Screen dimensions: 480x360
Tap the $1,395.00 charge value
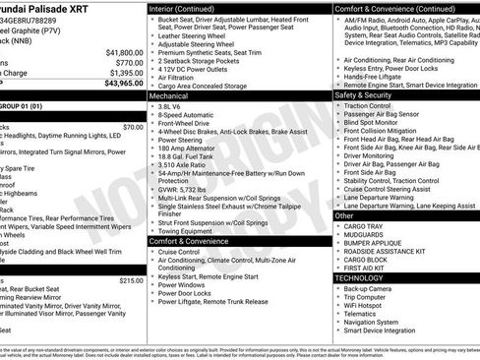pos(124,72)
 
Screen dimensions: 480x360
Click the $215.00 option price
pos(131,280)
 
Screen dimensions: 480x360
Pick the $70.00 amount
pos(133,127)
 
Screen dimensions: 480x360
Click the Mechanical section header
pos(168,97)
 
